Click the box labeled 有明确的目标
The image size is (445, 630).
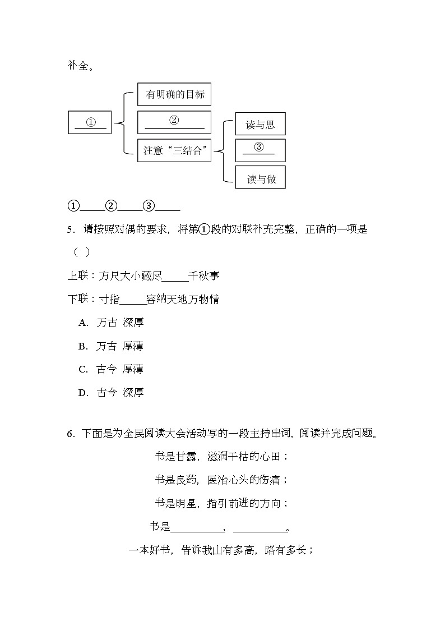point(174,95)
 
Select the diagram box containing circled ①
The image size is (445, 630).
point(90,122)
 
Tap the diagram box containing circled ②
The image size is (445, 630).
point(174,122)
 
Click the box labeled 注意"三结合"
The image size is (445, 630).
point(174,150)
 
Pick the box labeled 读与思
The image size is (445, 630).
point(260,124)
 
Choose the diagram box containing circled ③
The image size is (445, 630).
point(260,150)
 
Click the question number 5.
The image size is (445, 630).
point(70,229)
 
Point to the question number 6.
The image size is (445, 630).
point(70,434)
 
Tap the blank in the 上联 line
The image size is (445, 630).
point(175,276)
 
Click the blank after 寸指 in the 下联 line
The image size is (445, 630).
point(133,300)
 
